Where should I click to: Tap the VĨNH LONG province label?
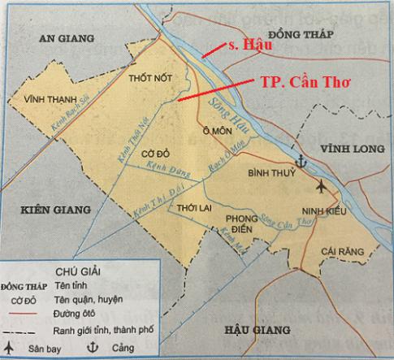(x=346, y=150)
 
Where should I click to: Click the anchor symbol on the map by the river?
(x=301, y=161)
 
